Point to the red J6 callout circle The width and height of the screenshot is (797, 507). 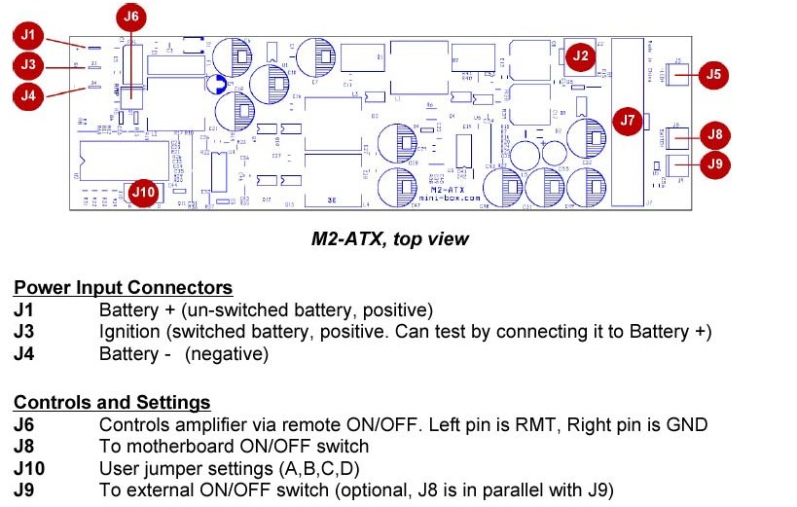(130, 17)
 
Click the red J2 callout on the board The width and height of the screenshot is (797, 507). (581, 55)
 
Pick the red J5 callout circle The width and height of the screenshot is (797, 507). (714, 73)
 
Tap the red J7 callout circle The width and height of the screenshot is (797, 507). (627, 121)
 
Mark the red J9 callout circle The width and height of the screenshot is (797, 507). (715, 163)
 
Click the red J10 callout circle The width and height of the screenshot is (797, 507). (143, 192)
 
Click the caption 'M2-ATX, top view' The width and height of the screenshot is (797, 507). (389, 238)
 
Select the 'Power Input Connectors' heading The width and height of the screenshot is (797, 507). (123, 288)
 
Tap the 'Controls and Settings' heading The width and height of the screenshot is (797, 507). (112, 402)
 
